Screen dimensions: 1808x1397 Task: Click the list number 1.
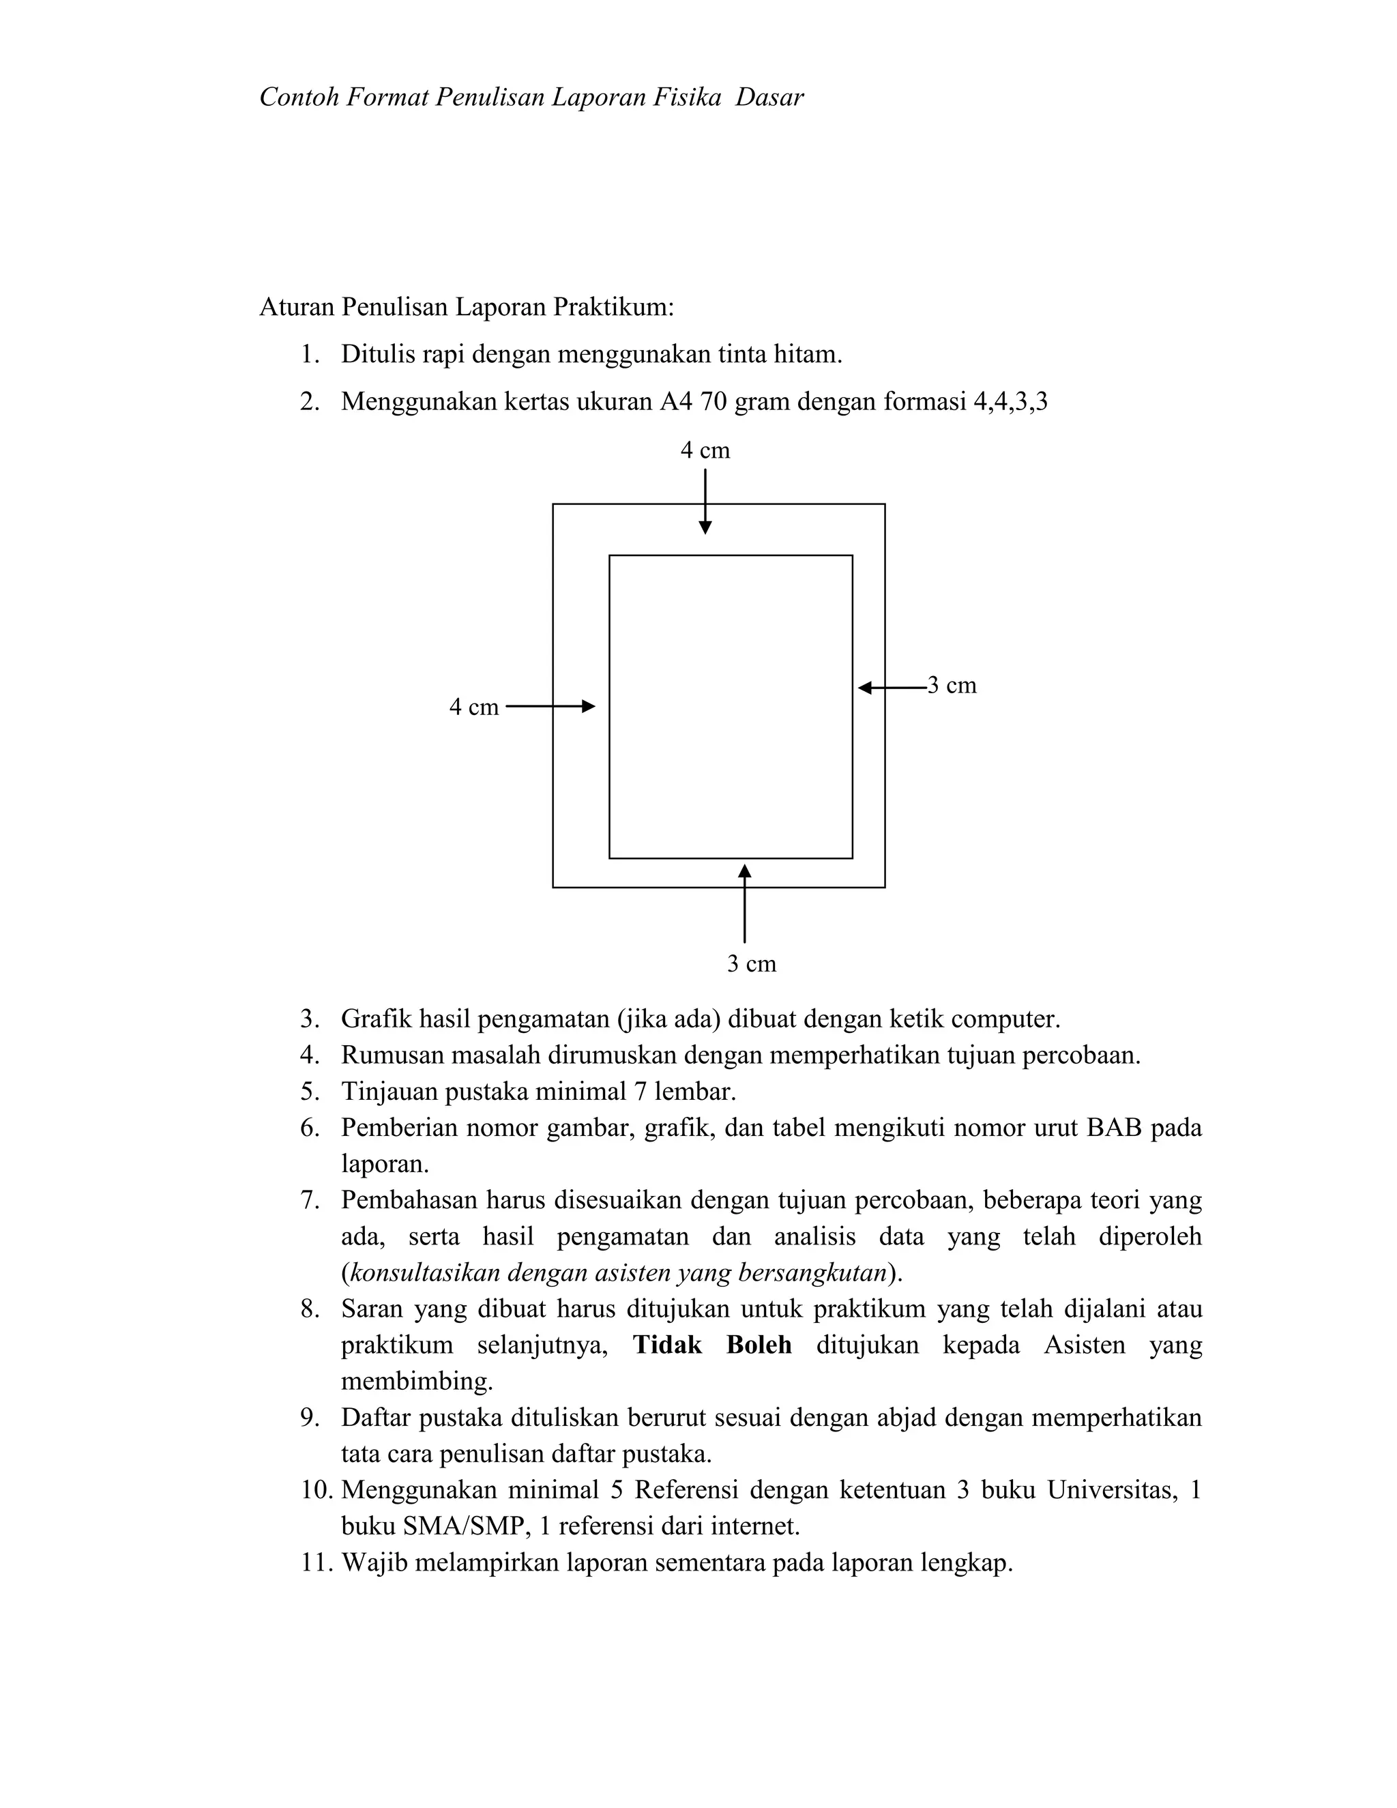[x=309, y=355]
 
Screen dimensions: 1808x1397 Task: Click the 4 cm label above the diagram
[x=705, y=450]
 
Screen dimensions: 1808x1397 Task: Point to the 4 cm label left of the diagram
[x=473, y=707]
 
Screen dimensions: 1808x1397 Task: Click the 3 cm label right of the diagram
[x=952, y=686]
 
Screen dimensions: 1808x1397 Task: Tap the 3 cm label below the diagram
[x=752, y=963]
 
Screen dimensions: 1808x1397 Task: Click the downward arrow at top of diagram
[x=705, y=501]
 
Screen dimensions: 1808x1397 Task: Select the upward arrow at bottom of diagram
[x=744, y=903]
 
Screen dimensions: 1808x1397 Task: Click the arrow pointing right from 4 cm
[x=550, y=706]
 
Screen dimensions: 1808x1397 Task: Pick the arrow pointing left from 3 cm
[x=892, y=687]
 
